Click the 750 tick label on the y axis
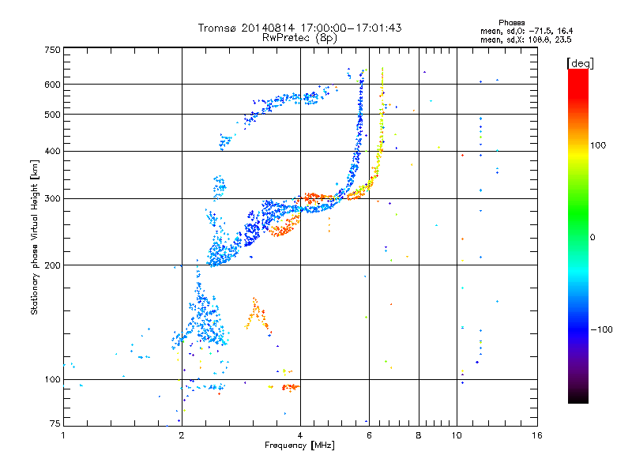pos(52,50)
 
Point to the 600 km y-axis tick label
pos(52,85)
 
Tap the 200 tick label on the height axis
pos(52,265)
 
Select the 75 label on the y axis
pos(55,423)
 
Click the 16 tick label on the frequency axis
pos(537,435)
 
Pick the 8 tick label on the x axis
pos(419,435)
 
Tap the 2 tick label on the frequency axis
pos(182,435)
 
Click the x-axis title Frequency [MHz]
pos(299,446)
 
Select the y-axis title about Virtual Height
pos(35,237)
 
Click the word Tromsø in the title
pos(218,28)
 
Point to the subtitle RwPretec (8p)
pos(299,38)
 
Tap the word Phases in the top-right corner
pos(511,23)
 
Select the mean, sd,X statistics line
pos(525,39)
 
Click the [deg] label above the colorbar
pos(580,63)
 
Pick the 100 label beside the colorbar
pos(598,145)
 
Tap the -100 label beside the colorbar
pos(601,329)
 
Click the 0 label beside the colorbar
pos(592,238)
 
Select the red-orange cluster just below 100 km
pos(291,387)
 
